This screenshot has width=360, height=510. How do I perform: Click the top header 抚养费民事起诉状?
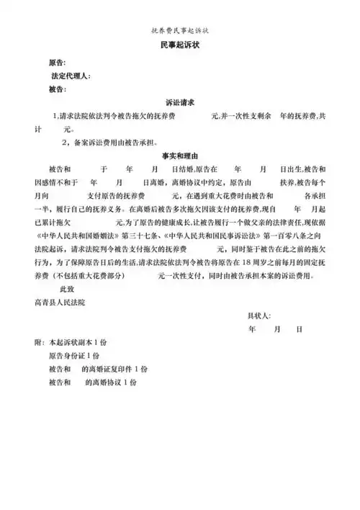(180, 31)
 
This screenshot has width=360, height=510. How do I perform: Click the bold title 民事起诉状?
(180, 46)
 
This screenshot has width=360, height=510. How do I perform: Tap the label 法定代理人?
(71, 76)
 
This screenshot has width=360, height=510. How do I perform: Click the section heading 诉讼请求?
(180, 103)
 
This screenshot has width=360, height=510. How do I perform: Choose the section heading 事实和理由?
(180, 155)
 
